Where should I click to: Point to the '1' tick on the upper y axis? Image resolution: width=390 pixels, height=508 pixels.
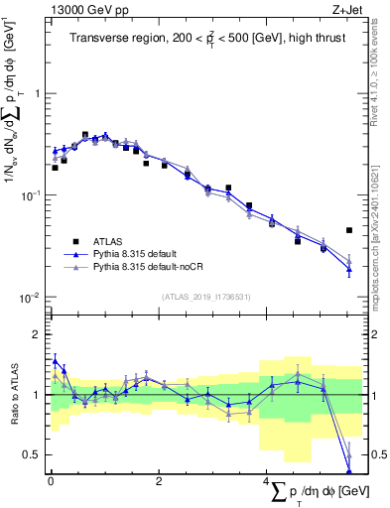tap(37, 93)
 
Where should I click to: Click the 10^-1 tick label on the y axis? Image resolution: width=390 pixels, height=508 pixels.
tap(32, 195)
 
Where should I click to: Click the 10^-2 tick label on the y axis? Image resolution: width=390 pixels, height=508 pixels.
tap(32, 298)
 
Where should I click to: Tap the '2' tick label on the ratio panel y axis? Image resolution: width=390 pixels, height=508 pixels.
tap(37, 335)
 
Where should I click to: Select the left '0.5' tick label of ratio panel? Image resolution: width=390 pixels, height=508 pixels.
tap(32, 455)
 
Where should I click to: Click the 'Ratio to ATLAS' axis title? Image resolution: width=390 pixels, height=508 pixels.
tap(13, 395)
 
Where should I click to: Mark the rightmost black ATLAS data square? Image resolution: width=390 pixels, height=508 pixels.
tap(349, 230)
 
